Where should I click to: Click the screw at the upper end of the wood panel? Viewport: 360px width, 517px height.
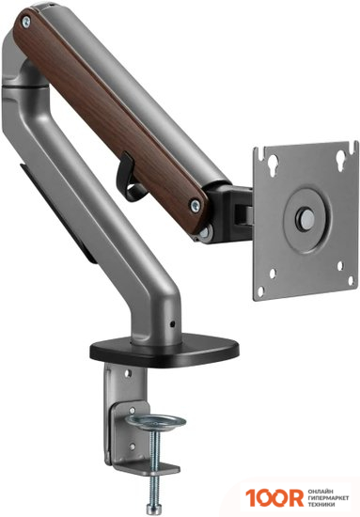[25, 22]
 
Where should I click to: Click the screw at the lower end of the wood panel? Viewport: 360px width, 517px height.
[196, 206]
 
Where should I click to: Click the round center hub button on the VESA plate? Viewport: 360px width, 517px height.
[306, 218]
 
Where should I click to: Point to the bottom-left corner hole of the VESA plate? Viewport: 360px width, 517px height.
[260, 291]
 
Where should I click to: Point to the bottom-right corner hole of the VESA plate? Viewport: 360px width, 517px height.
[351, 281]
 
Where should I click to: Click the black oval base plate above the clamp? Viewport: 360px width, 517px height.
[164, 351]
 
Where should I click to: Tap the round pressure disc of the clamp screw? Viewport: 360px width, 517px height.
[156, 422]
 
